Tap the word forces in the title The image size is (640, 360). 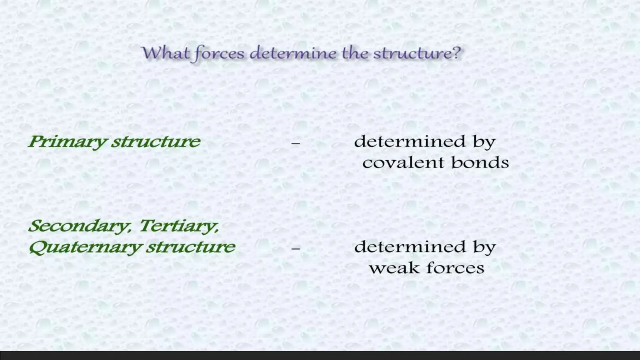tap(219, 53)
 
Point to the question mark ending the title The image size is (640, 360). tap(457, 52)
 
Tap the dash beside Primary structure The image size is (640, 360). tap(296, 143)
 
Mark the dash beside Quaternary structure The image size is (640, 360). tap(296, 249)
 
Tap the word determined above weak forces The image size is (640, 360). tap(410, 247)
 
